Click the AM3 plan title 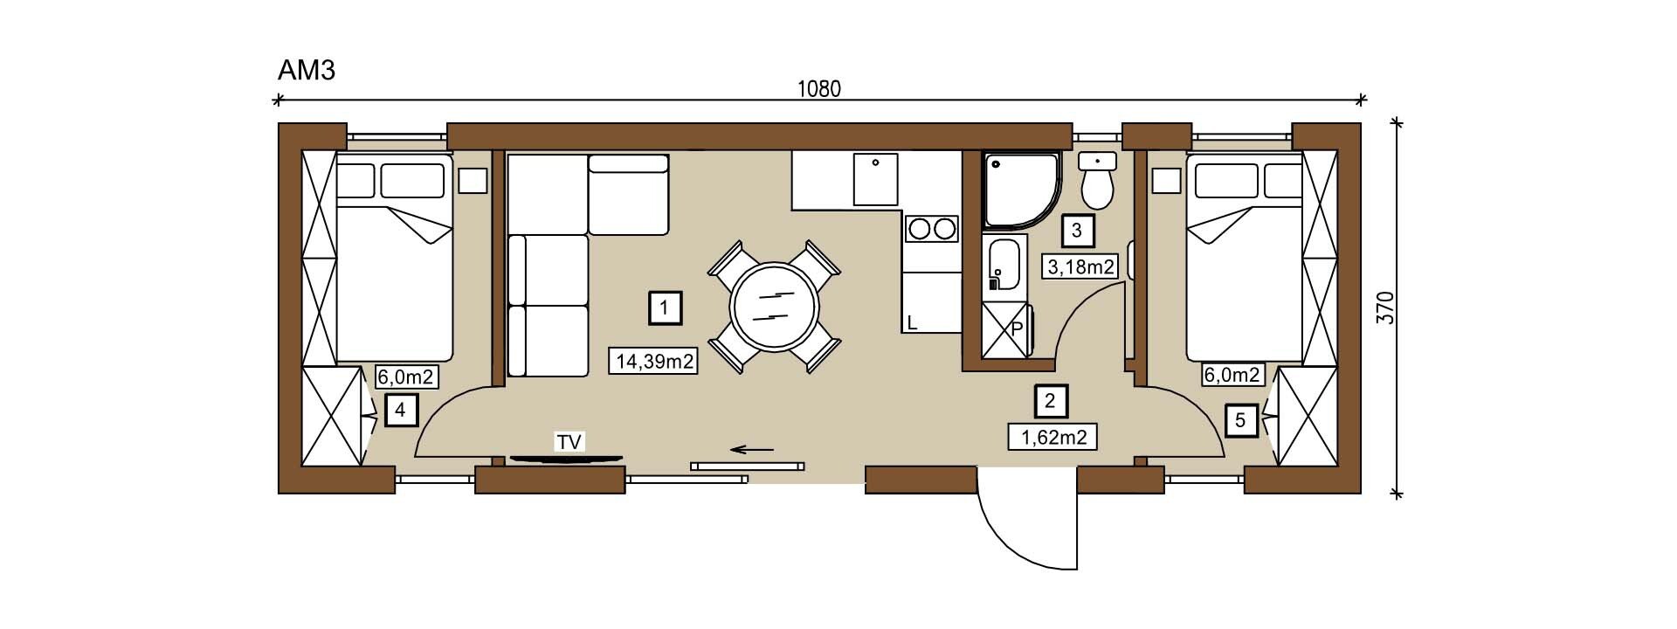click(306, 70)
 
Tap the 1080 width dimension click(819, 89)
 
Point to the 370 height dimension click(1384, 308)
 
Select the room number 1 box click(666, 308)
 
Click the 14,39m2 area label click(653, 360)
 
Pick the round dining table click(775, 308)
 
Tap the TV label click(569, 442)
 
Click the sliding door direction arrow click(752, 450)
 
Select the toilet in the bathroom click(1097, 182)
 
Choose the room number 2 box click(1050, 401)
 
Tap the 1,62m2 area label click(1053, 437)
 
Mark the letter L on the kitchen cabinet click(912, 323)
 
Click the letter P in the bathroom click(1017, 330)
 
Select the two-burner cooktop click(932, 229)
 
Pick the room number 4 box click(400, 409)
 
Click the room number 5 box click(1240, 421)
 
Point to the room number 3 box click(1077, 231)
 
